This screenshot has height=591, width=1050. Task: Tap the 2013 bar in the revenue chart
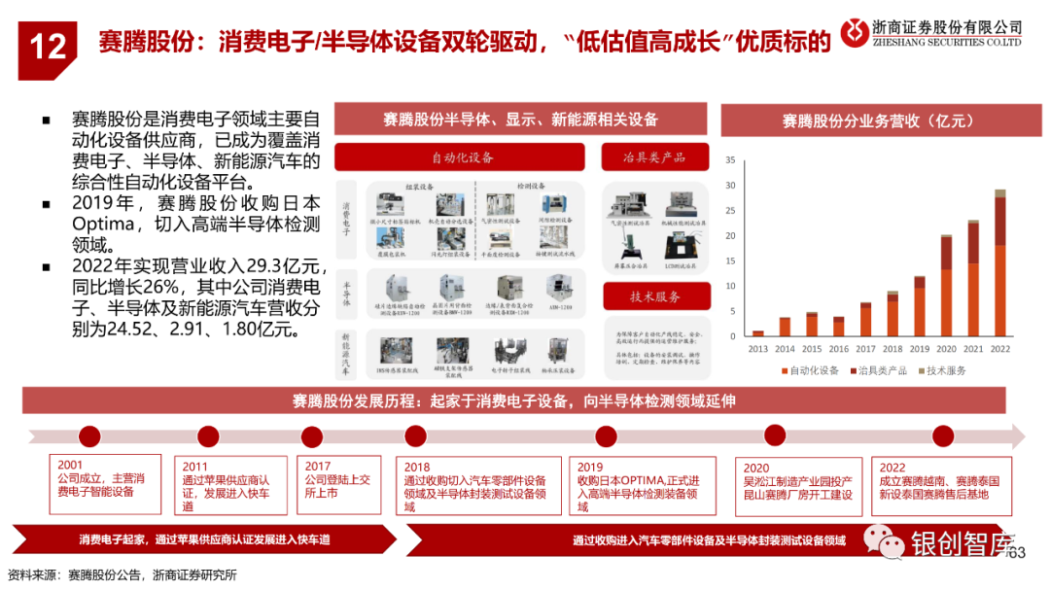758,333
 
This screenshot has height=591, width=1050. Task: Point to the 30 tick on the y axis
730,185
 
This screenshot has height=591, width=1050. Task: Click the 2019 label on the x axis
919,347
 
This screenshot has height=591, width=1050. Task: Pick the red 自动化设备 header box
460,157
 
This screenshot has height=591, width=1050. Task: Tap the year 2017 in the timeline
318,467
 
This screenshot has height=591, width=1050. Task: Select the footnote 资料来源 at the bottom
33,574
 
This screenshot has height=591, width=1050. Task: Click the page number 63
1018,552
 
